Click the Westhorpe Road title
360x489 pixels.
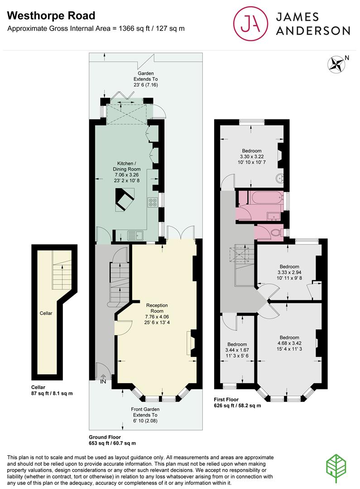pyautogui.click(x=51, y=16)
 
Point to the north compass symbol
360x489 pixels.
pyautogui.click(x=336, y=63)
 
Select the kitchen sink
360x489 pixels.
pyautogui.click(x=135, y=235)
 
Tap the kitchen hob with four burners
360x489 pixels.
pyautogui.click(x=152, y=202)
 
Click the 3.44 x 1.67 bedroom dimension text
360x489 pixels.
pyautogui.click(x=237, y=350)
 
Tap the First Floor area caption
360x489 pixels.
pyautogui.click(x=237, y=403)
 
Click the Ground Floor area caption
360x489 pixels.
pyautogui.click(x=112, y=440)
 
